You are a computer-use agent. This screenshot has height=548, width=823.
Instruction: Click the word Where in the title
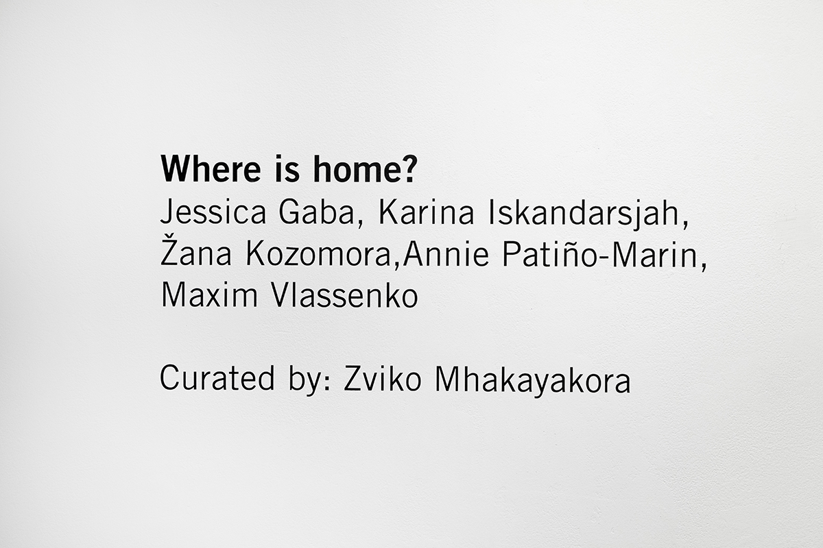(211, 169)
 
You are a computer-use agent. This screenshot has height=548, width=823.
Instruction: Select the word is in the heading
(287, 169)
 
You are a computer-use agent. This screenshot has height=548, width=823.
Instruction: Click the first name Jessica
(213, 212)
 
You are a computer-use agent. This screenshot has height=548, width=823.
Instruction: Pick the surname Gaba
(316, 212)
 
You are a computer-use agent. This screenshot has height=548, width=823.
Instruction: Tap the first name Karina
(426, 212)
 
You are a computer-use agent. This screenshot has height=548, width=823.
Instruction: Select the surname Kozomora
(319, 254)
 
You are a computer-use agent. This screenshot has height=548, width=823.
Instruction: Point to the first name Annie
(446, 254)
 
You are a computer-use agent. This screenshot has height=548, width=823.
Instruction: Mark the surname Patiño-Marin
(600, 254)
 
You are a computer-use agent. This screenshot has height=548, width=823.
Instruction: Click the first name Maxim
(209, 295)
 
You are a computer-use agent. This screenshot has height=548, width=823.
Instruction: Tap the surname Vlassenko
(344, 295)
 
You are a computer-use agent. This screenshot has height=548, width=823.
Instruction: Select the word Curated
(217, 378)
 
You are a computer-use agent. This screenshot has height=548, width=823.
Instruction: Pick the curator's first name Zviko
(382, 378)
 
